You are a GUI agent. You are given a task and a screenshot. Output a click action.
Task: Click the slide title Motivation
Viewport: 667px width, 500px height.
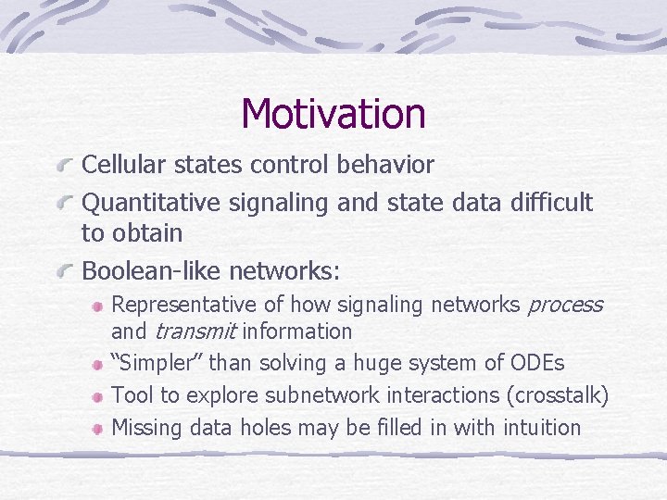coord(333,114)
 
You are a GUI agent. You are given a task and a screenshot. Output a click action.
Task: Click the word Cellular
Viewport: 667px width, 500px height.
coord(120,165)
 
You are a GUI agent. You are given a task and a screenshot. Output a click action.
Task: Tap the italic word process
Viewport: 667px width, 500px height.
coord(564,305)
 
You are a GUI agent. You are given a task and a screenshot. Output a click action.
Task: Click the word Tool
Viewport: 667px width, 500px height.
coord(129,395)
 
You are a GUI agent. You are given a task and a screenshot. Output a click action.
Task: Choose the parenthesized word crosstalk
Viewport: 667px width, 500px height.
coord(558,395)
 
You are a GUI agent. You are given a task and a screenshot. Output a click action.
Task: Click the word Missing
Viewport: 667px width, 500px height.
coord(146,427)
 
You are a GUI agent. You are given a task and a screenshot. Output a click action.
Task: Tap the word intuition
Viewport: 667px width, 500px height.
coord(541,427)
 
